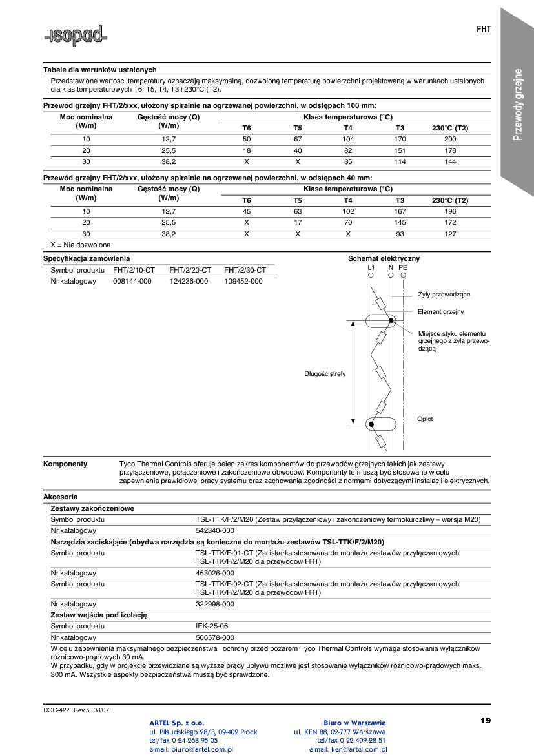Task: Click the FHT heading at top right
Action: tap(484, 30)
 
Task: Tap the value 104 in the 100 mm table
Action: tap(348, 140)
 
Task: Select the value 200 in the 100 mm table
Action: tap(450, 140)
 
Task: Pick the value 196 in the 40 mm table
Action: tap(450, 211)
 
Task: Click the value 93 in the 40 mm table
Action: tap(400, 234)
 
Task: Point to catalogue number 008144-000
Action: tap(132, 281)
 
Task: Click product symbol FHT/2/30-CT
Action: tap(245, 270)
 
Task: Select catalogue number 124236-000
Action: tap(189, 281)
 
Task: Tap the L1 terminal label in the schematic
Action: tap(371, 267)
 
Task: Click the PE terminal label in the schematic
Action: tap(403, 267)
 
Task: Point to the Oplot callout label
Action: tap(425, 419)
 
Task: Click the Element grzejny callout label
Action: tap(440, 312)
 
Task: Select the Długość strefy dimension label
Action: tap(325, 374)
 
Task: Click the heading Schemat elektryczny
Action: tap(384, 258)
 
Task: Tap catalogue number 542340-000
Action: tap(214, 530)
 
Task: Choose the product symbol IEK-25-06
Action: tap(212, 626)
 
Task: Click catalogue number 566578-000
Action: tap(214, 637)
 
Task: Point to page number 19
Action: tap(486, 720)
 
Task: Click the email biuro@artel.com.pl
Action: tap(191, 749)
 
